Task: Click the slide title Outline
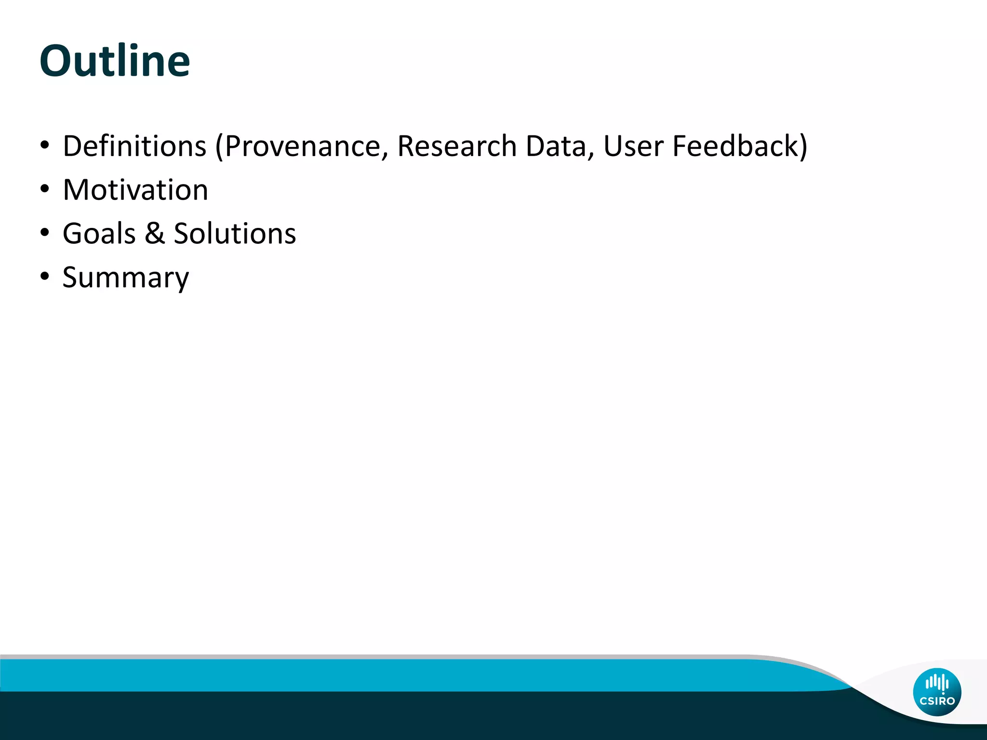click(x=115, y=61)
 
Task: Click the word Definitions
click(x=134, y=146)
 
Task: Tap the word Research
click(x=456, y=146)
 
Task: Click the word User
click(x=633, y=146)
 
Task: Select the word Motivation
click(x=135, y=190)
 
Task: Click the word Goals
click(x=99, y=234)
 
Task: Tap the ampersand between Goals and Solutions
click(x=155, y=234)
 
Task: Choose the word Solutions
click(x=235, y=234)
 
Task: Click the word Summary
click(x=126, y=278)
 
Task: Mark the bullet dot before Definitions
click(x=45, y=145)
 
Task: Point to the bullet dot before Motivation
click(x=45, y=189)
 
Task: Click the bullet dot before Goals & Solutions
click(x=45, y=233)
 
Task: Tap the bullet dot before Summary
click(x=45, y=277)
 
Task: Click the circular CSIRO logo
click(x=937, y=692)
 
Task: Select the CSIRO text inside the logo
click(x=937, y=701)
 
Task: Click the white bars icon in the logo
click(x=937, y=682)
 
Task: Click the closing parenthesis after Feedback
click(x=802, y=147)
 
